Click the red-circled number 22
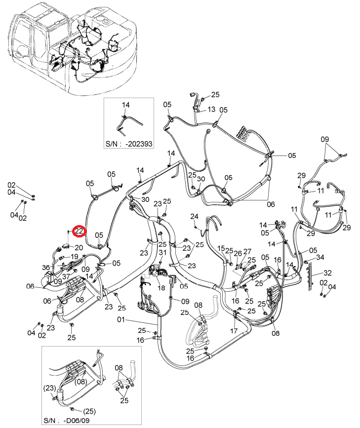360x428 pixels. click(79, 231)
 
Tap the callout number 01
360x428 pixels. click(121, 319)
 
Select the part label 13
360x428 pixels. click(211, 110)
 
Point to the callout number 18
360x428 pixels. click(161, 288)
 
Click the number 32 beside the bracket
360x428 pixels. click(327, 272)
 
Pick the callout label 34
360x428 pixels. click(320, 257)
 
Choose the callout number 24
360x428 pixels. click(194, 216)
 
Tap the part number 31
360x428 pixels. click(162, 252)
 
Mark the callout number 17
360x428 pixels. click(234, 331)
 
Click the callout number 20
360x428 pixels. click(79, 248)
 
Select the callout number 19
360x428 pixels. click(74, 257)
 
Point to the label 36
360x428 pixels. click(46, 268)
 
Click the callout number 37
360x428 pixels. click(66, 276)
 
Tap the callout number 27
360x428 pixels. click(247, 251)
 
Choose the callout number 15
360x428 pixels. click(221, 248)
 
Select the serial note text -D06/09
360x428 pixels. click(76, 421)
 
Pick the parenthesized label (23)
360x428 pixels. click(50, 388)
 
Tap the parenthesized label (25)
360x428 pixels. click(89, 411)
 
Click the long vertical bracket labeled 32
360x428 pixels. click(310, 276)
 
